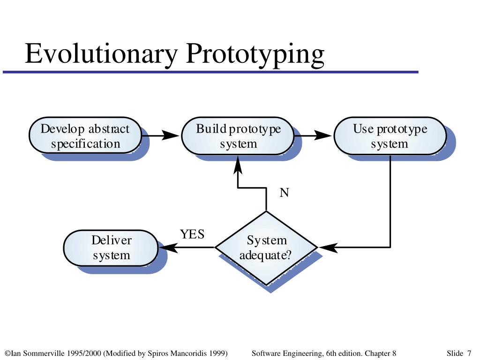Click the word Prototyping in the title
255,54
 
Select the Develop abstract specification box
85,136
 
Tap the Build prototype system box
238,136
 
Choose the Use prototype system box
390,136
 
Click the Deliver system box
111,248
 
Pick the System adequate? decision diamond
266,247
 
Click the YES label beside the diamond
192,234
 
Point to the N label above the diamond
284,193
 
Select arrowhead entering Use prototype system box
324,136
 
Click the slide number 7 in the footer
469,353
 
